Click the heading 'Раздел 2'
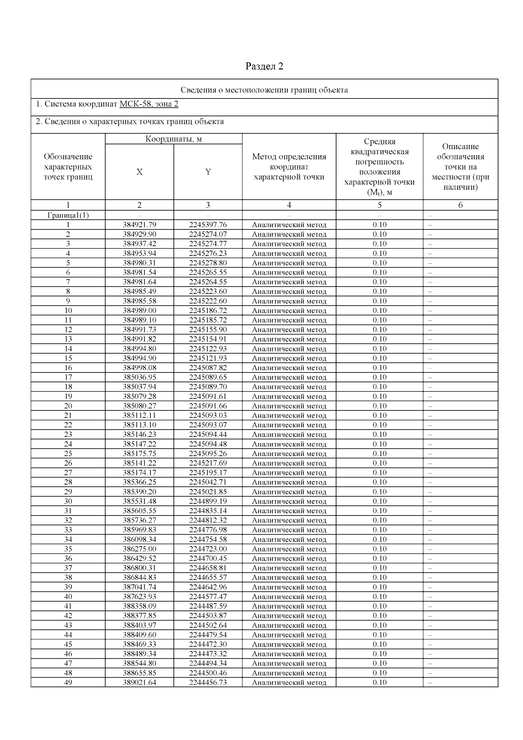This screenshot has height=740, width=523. (x=264, y=66)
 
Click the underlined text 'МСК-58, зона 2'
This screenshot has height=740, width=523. (x=149, y=104)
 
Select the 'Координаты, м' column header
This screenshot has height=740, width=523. (x=173, y=139)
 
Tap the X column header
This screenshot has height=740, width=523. (x=139, y=172)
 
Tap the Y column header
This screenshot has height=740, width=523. (x=208, y=172)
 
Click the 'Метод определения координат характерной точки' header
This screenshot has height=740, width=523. (x=289, y=167)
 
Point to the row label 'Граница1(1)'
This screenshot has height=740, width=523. (x=68, y=215)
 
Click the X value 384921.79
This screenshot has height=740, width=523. (x=139, y=225)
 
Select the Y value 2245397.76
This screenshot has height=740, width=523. (x=208, y=225)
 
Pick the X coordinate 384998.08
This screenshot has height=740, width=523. (x=139, y=368)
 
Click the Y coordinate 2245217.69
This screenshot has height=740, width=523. (x=208, y=463)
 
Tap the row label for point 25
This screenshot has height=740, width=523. (x=68, y=454)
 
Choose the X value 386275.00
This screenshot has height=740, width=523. (x=139, y=549)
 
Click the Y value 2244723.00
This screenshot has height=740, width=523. (x=208, y=549)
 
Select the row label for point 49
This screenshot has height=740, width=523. (x=68, y=682)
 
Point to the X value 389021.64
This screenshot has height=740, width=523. (x=139, y=682)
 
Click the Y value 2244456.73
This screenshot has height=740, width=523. (x=208, y=682)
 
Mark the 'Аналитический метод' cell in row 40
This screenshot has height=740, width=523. (x=289, y=597)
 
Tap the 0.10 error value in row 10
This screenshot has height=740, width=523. (x=380, y=311)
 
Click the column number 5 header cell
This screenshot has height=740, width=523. (x=380, y=205)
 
